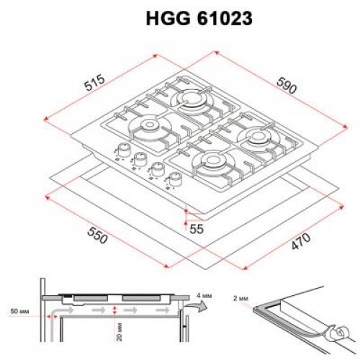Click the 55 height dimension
point(196,229)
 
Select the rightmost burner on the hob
point(256,138)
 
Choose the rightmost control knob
point(173,180)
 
